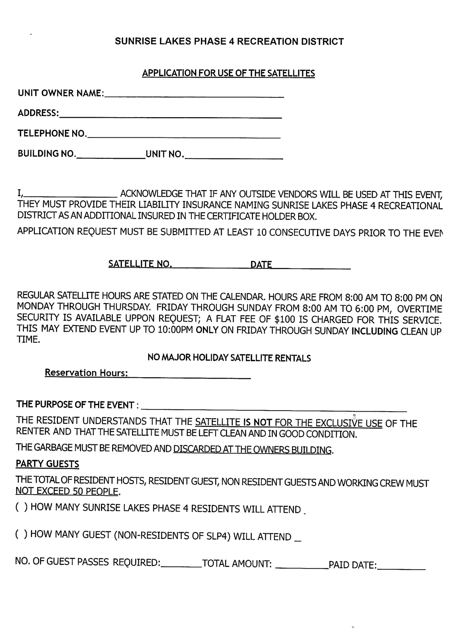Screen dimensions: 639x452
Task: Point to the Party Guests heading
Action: [47, 464]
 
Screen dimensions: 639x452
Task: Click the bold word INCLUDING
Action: [374, 331]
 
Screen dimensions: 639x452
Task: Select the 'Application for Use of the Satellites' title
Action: [228, 73]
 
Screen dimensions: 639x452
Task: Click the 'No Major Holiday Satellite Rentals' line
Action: [229, 358]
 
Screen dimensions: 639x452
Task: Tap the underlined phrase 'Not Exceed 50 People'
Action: [67, 491]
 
